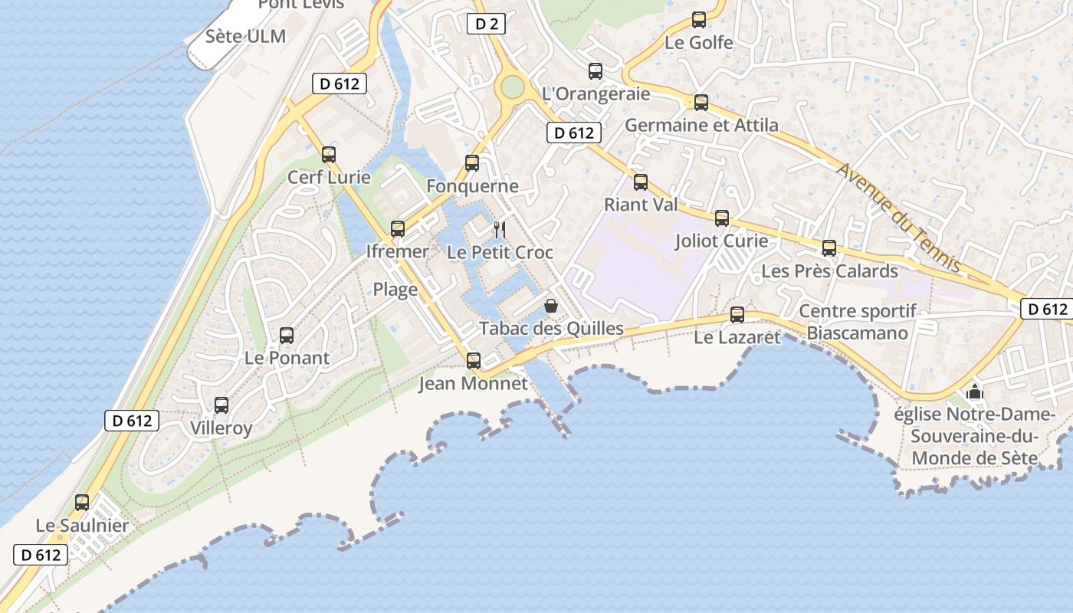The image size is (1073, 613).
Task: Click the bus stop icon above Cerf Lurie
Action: point(329,155)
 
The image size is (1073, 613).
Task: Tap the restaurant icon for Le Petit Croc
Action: point(500,229)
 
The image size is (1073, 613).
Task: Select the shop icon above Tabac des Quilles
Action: point(551,306)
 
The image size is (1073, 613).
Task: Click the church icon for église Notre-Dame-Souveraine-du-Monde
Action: point(975,392)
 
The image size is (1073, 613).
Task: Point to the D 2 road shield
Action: point(486,24)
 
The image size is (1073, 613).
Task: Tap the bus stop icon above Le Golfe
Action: point(699,20)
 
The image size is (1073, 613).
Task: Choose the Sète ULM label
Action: point(245,36)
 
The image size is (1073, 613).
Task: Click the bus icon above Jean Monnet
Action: point(474,360)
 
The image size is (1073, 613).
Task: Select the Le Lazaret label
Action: point(737,337)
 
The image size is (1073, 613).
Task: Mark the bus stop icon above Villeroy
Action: point(221,405)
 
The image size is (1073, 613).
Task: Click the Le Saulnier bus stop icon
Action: point(82,503)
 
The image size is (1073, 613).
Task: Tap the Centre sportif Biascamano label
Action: point(858,322)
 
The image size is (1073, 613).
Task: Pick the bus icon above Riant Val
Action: point(641,182)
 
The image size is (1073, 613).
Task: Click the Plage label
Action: point(395,289)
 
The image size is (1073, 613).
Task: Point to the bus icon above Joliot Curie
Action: point(722,218)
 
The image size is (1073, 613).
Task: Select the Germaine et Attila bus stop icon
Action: point(701,103)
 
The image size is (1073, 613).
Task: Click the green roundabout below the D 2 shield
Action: point(511,87)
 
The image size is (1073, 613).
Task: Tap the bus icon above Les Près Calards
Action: point(829,248)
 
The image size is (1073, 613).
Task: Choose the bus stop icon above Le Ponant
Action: point(287,335)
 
